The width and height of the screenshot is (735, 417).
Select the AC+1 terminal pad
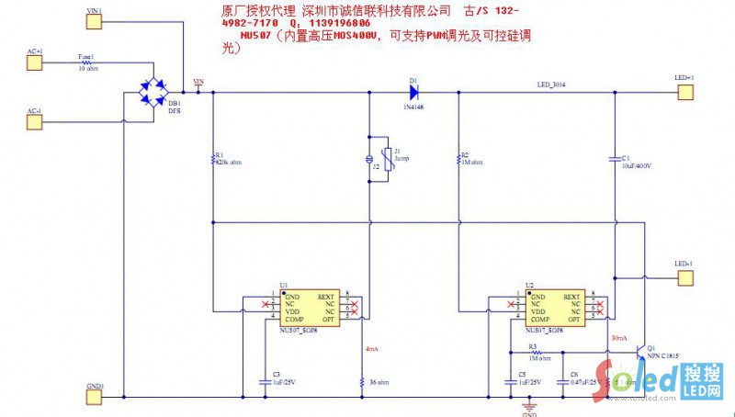click(x=34, y=62)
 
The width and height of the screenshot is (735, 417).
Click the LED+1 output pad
click(x=684, y=89)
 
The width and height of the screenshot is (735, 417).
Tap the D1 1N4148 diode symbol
click(x=413, y=90)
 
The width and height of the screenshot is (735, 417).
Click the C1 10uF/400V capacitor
click(x=613, y=159)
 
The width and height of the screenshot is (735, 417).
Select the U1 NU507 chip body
click(x=309, y=309)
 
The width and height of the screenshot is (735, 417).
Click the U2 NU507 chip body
click(x=553, y=309)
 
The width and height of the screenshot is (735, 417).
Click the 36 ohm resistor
click(x=364, y=380)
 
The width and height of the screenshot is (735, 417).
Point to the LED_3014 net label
click(x=552, y=85)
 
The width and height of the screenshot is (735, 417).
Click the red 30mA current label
click(x=618, y=339)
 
